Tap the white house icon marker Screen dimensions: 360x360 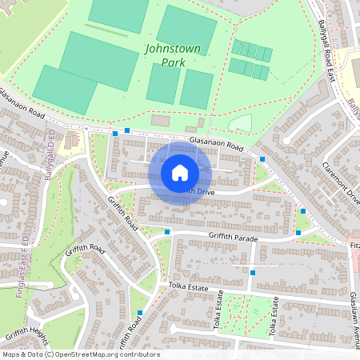point(180,172)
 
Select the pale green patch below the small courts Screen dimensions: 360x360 point(240,122)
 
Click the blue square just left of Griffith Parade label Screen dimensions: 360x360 point(167,232)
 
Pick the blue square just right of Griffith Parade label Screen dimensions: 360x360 point(298,233)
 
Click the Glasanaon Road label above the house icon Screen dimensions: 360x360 point(216,145)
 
